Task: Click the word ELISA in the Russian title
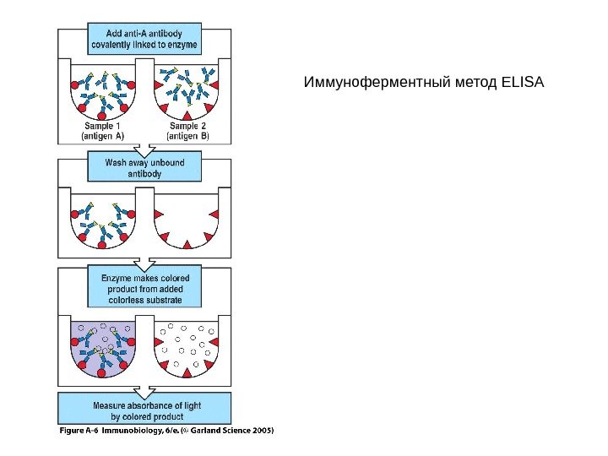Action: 523,84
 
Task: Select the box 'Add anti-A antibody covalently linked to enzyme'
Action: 144,38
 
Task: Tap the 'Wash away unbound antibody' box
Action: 144,166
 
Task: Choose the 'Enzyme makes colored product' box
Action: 144,289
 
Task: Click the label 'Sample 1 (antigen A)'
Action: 102,130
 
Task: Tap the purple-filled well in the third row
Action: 102,346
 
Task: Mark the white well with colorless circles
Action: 187,346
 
